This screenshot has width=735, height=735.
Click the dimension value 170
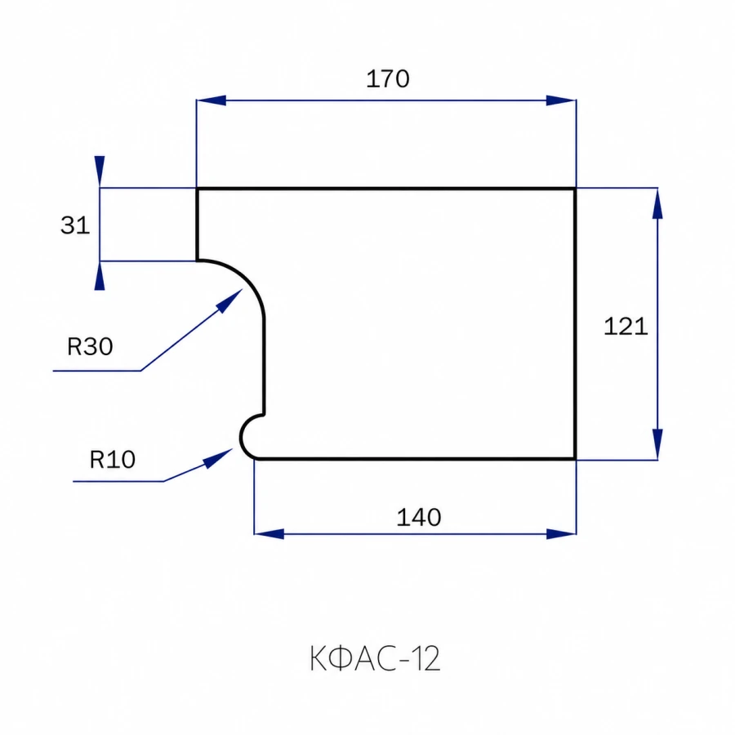click(388, 78)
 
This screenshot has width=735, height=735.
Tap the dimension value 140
click(419, 517)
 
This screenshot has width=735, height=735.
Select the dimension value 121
click(626, 326)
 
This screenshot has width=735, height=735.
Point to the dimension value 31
click(75, 225)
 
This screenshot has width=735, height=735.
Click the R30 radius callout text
click(90, 346)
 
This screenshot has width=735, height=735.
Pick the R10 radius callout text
click(113, 459)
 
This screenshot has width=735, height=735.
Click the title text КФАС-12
click(375, 658)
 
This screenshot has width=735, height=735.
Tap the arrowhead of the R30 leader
click(229, 301)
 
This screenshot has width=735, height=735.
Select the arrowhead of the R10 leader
click(218, 458)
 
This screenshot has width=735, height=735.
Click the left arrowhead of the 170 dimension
click(211, 100)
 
